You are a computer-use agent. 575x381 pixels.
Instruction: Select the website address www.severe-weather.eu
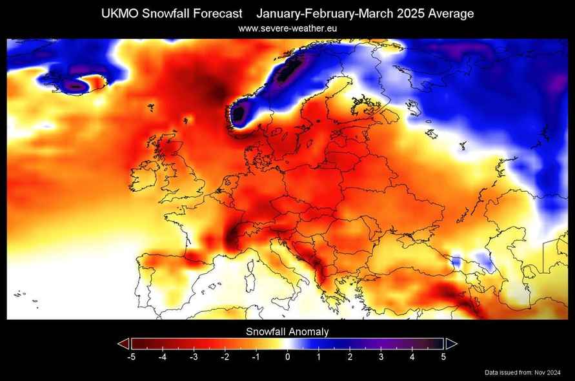[287, 28]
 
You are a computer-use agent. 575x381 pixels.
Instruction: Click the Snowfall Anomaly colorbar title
[287, 332]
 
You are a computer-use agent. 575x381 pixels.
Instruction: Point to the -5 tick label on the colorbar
[131, 356]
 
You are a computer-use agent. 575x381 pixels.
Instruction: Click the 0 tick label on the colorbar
[288, 356]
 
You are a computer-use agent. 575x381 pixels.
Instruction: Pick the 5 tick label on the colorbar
[443, 356]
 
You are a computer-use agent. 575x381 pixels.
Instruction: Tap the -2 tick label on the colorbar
[225, 356]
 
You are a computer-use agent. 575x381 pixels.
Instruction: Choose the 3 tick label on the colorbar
[381, 356]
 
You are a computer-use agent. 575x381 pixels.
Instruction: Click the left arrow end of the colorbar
[124, 344]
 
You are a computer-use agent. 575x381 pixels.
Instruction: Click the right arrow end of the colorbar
[452, 344]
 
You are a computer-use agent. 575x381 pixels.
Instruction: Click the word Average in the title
[451, 14]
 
